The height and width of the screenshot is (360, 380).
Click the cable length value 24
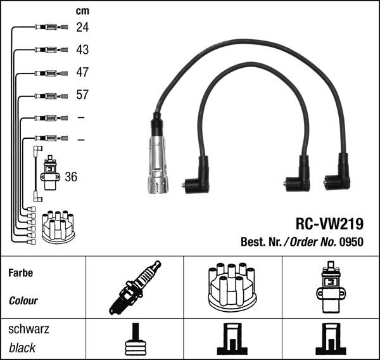click(x=82, y=27)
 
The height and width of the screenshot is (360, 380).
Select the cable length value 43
click(x=82, y=49)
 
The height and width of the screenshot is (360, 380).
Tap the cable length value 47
click(x=82, y=72)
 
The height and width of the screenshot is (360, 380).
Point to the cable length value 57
click(x=82, y=95)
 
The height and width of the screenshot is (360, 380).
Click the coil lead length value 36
click(x=71, y=177)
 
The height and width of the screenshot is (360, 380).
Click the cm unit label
click(x=82, y=11)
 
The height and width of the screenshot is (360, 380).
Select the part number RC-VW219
click(x=329, y=224)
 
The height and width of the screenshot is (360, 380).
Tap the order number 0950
click(x=353, y=241)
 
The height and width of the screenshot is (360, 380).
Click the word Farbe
click(x=20, y=273)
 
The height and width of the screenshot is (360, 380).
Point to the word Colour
click(x=23, y=301)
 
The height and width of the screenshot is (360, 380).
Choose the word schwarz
click(x=28, y=330)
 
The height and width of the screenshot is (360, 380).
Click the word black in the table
click(x=22, y=348)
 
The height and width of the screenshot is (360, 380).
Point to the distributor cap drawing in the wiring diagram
click(x=58, y=227)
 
